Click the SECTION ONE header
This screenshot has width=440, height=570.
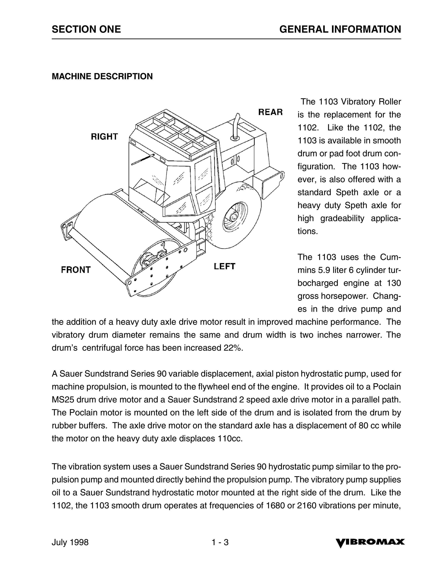[86, 29]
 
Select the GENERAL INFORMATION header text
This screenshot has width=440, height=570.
[340, 29]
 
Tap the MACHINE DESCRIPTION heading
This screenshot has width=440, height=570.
[102, 76]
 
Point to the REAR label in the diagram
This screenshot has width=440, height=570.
[270, 112]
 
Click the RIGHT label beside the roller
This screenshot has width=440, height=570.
[104, 136]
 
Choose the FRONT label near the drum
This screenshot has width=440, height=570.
[76, 270]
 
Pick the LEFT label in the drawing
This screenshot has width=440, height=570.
[224, 266]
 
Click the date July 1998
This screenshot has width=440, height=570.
[70, 542]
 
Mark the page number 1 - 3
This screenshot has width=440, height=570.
[220, 542]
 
